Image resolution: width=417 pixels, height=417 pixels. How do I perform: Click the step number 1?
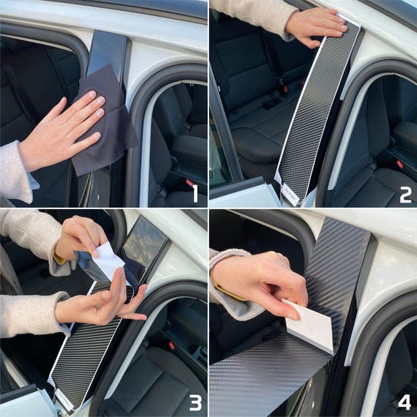coord(195,194)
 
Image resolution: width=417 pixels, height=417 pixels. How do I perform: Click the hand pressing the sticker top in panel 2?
coord(317,26)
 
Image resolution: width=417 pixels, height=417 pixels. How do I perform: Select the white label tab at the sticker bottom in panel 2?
coord(290,193)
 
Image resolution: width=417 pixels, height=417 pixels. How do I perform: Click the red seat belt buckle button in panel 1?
coord(189,183)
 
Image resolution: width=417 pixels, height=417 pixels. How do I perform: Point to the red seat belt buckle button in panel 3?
coord(172,346)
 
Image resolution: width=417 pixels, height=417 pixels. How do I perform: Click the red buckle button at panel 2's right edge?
coord(400,164)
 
